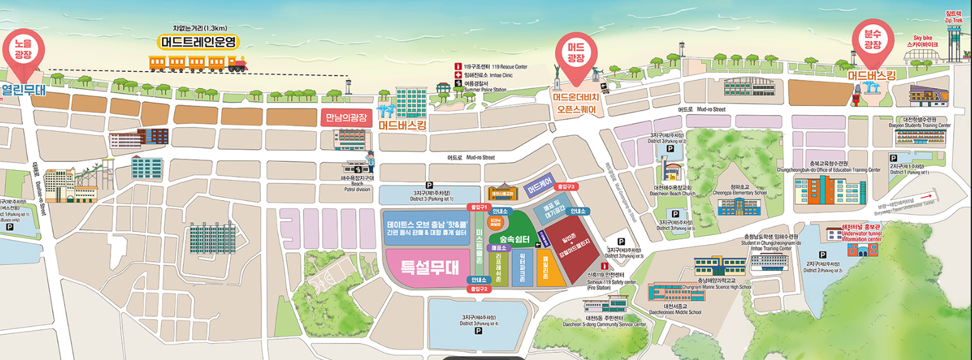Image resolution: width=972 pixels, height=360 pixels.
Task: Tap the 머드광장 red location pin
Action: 576,53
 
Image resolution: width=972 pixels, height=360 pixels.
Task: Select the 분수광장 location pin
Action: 872,39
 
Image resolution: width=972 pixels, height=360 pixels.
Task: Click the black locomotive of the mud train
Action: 237,63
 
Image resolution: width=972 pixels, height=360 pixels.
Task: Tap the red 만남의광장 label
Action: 346,118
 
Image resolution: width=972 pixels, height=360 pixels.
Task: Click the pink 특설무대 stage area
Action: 429,267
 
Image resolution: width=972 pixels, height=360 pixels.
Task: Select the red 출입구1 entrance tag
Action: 479,207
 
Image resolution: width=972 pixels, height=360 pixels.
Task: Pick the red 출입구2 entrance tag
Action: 479,289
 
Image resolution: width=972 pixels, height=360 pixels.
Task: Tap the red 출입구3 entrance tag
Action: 566,186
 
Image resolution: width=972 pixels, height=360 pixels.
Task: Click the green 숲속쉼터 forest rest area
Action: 515,239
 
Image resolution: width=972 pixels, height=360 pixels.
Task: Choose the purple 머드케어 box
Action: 539,185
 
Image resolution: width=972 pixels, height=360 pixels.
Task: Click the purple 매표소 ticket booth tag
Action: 498,247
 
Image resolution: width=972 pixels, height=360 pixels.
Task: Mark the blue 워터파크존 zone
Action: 522,267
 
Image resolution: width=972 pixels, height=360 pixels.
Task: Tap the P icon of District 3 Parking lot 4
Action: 478,331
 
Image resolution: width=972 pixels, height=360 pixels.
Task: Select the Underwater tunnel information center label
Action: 861,237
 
